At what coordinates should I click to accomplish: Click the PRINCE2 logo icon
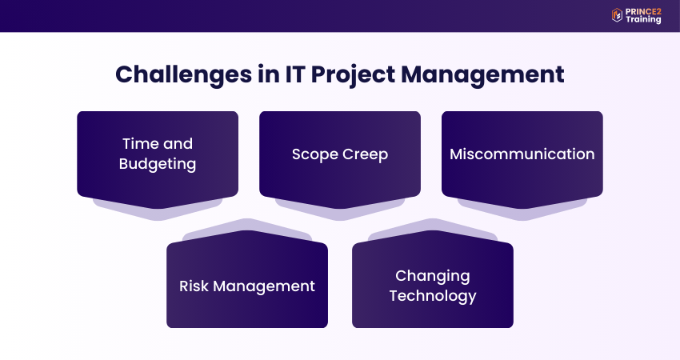tap(617, 15)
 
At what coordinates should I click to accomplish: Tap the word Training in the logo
tap(644, 20)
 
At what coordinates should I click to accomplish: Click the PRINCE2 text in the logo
tap(644, 10)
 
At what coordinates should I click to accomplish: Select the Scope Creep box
tap(340, 154)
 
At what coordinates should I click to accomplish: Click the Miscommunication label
tap(522, 154)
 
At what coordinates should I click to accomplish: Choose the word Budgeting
tap(158, 164)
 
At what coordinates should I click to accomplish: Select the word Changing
tap(432, 276)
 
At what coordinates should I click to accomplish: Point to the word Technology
tap(432, 296)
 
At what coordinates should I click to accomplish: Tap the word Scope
tap(314, 154)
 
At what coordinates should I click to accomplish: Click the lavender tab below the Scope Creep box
tap(340, 210)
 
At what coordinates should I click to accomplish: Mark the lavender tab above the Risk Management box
tap(247, 230)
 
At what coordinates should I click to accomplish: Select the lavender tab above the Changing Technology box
tap(433, 230)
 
